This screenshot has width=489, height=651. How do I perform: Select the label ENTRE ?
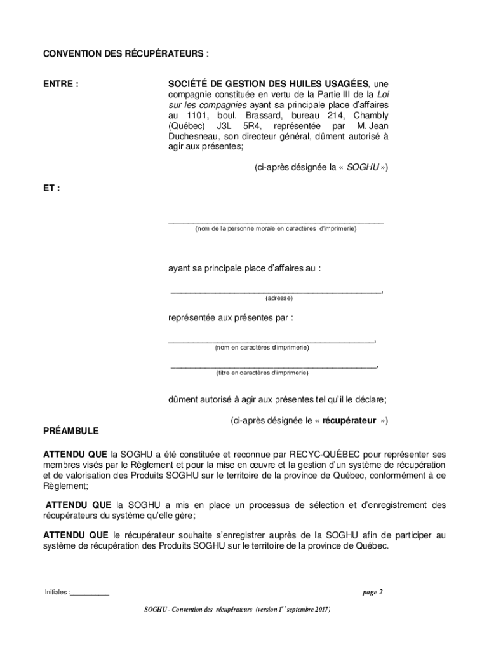click(61, 83)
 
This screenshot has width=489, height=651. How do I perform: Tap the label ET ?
click(51, 188)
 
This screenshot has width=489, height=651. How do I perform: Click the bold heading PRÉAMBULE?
click(70, 430)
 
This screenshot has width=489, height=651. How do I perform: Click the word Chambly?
click(371, 115)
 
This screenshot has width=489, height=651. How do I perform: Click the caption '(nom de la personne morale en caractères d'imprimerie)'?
click(276, 228)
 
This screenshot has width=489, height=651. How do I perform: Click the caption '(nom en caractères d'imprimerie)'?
click(262, 348)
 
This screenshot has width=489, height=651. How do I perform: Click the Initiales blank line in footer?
click(90, 593)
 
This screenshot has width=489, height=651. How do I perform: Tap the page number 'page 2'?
click(372, 593)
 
